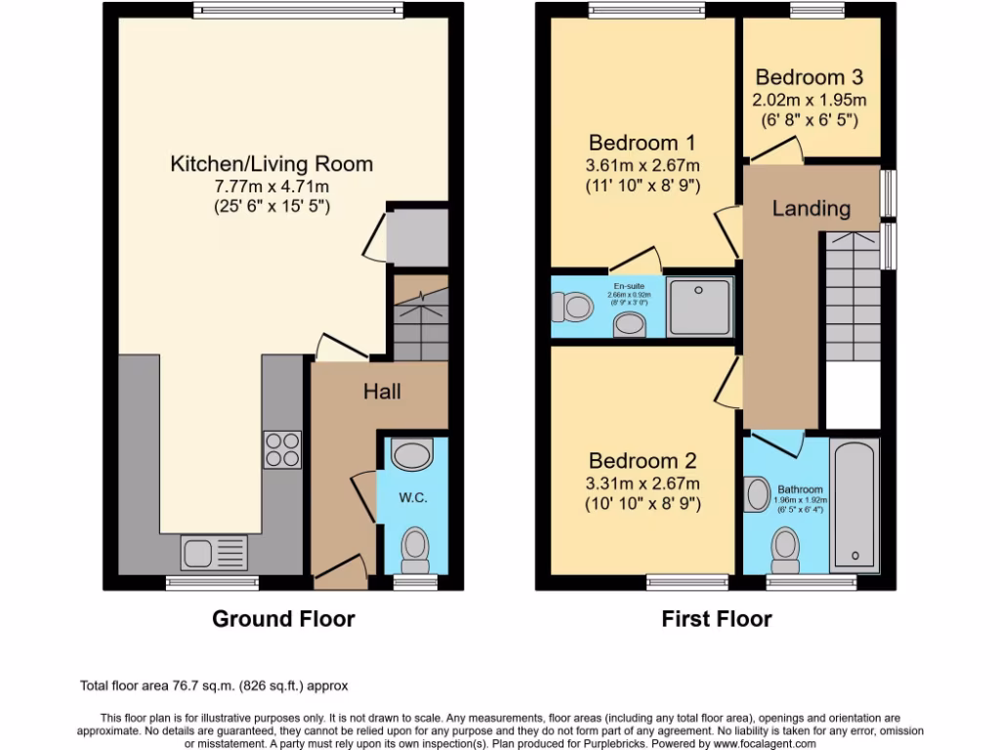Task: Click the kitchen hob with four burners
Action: (282, 450)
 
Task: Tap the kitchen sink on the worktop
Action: (215, 553)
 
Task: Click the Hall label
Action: (382, 392)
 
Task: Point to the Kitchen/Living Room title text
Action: (271, 163)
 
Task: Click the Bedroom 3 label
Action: (809, 77)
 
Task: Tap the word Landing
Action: (811, 208)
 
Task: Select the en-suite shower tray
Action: (700, 307)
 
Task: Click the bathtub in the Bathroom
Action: (854, 506)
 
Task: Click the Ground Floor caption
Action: (283, 618)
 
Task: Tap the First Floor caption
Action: (716, 618)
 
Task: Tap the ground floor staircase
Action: (421, 317)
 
